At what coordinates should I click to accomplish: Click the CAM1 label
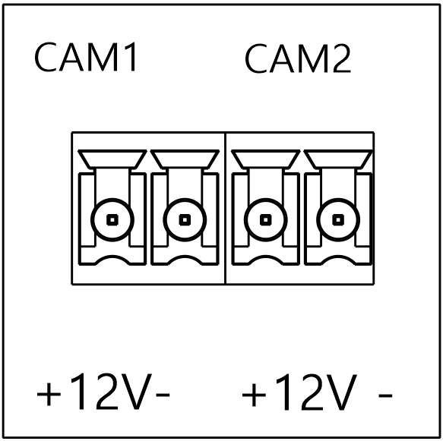pyautogui.click(x=86, y=57)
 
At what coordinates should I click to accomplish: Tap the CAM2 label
pyautogui.click(x=298, y=58)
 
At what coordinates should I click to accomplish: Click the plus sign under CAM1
pyautogui.click(x=49, y=394)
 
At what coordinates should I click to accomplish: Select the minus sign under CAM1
pyautogui.click(x=163, y=395)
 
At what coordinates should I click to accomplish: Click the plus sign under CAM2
pyautogui.click(x=254, y=395)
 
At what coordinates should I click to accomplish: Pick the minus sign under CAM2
pyautogui.click(x=386, y=395)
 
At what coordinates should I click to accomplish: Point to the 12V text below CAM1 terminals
pyautogui.click(x=111, y=391)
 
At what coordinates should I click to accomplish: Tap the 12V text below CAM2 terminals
pyautogui.click(x=315, y=392)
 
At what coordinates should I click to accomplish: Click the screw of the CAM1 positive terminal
pyautogui.click(x=112, y=220)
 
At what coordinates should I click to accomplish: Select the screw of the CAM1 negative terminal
pyautogui.click(x=185, y=220)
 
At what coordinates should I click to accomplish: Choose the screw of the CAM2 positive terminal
pyautogui.click(x=266, y=220)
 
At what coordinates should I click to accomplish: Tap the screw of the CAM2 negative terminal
pyautogui.click(x=338, y=220)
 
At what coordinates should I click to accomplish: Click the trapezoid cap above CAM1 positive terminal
pyautogui.click(x=112, y=159)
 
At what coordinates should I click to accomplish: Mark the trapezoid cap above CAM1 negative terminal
pyautogui.click(x=185, y=159)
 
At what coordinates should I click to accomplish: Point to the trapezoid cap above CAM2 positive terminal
pyautogui.click(x=266, y=159)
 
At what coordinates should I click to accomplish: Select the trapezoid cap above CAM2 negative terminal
pyautogui.click(x=338, y=159)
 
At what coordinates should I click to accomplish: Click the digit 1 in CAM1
pyautogui.click(x=131, y=57)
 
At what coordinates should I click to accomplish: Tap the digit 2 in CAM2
pyautogui.click(x=342, y=58)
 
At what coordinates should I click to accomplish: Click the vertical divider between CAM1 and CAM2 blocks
pyautogui.click(x=225, y=208)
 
